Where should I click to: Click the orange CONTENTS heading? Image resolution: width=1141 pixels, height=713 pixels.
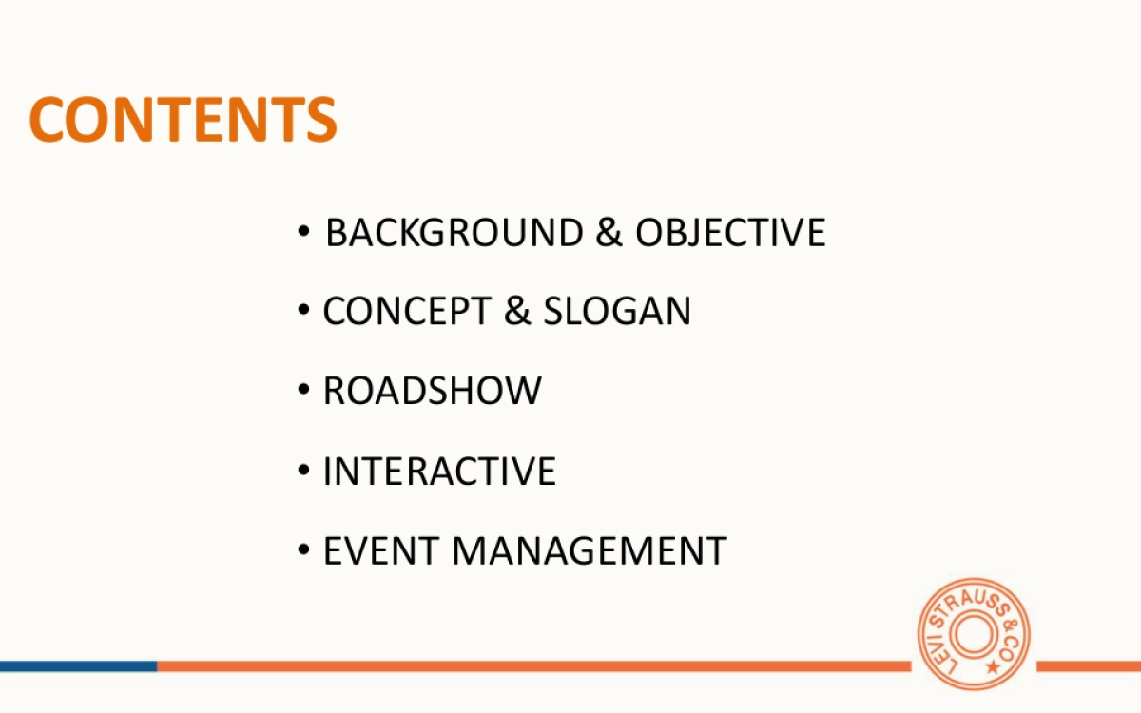184,119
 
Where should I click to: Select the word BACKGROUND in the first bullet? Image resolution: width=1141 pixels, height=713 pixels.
454,233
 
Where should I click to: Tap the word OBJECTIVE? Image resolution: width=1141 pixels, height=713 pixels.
730,233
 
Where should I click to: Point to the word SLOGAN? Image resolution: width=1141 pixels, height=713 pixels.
617,312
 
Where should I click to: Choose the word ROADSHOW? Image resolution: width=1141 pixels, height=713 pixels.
433,391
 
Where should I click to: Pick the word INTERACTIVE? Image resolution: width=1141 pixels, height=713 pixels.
439,472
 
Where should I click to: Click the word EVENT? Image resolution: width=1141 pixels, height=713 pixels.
380,551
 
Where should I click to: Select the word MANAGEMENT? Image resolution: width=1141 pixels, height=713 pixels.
589,551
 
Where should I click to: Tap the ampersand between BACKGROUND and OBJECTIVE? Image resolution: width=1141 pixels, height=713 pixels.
609,233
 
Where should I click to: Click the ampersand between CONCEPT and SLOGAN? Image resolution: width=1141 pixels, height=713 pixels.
517,312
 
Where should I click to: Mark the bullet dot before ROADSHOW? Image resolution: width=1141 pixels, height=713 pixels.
303,390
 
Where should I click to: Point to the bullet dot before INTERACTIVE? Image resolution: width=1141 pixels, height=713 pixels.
303,470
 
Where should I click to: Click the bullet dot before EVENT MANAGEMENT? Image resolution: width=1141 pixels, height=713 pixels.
303,550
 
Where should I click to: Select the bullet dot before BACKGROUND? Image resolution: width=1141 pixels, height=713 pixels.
303,231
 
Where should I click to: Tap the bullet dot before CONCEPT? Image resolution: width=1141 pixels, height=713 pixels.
303,310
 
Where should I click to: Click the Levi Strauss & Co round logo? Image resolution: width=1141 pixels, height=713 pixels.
973,634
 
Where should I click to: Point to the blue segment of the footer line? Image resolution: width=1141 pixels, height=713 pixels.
78,666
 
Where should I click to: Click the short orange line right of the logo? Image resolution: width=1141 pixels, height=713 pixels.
1088,666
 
